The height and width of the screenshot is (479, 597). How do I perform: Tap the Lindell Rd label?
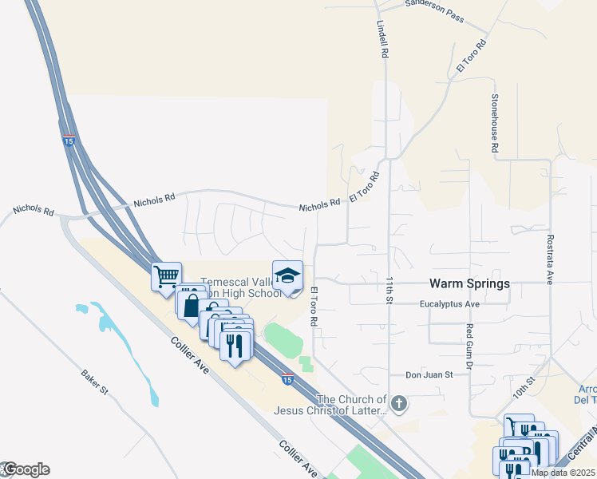pos(383,38)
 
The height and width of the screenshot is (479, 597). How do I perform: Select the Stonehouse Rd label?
pos(495,123)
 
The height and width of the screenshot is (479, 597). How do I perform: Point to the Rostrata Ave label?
pos(550,259)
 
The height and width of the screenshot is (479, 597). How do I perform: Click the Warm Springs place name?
pos(469,283)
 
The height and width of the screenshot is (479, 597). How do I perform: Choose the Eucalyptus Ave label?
pos(450,304)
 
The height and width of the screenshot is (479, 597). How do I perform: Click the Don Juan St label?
pos(429,374)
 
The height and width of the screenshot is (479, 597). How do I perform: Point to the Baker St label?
pos(94,382)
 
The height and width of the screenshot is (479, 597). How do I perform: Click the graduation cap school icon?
pos(287,277)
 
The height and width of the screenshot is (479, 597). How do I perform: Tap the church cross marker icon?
pos(400,404)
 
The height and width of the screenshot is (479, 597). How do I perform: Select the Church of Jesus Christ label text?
pos(330,405)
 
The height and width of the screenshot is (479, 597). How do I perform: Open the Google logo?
pos(26,469)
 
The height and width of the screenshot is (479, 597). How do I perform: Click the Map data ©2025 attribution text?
pos(563,473)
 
